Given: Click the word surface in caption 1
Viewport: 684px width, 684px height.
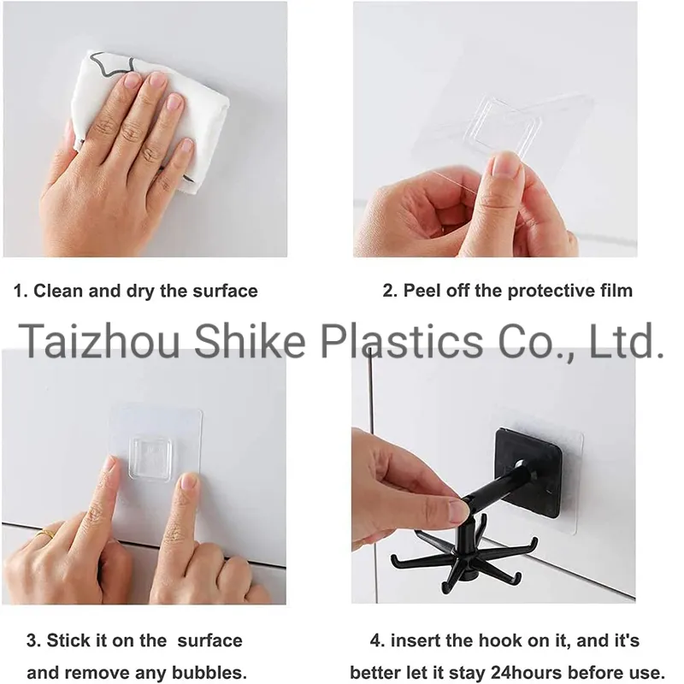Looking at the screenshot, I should [223, 291].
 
